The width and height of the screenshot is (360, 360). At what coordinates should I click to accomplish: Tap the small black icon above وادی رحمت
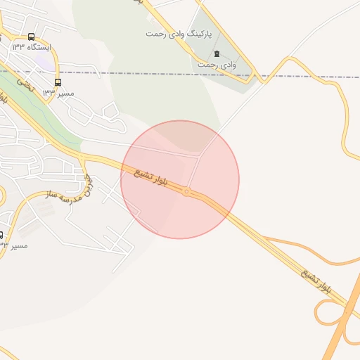[217, 53]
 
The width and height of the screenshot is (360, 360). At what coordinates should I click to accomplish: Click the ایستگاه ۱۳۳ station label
[28, 47]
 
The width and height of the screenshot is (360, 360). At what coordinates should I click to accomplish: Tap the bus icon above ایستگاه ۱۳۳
[31, 37]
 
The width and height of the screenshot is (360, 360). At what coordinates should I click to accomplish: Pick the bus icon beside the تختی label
[58, 82]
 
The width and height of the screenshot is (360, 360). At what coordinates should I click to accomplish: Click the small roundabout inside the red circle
[186, 191]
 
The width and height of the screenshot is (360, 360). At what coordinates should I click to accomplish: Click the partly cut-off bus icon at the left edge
[1, 235]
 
